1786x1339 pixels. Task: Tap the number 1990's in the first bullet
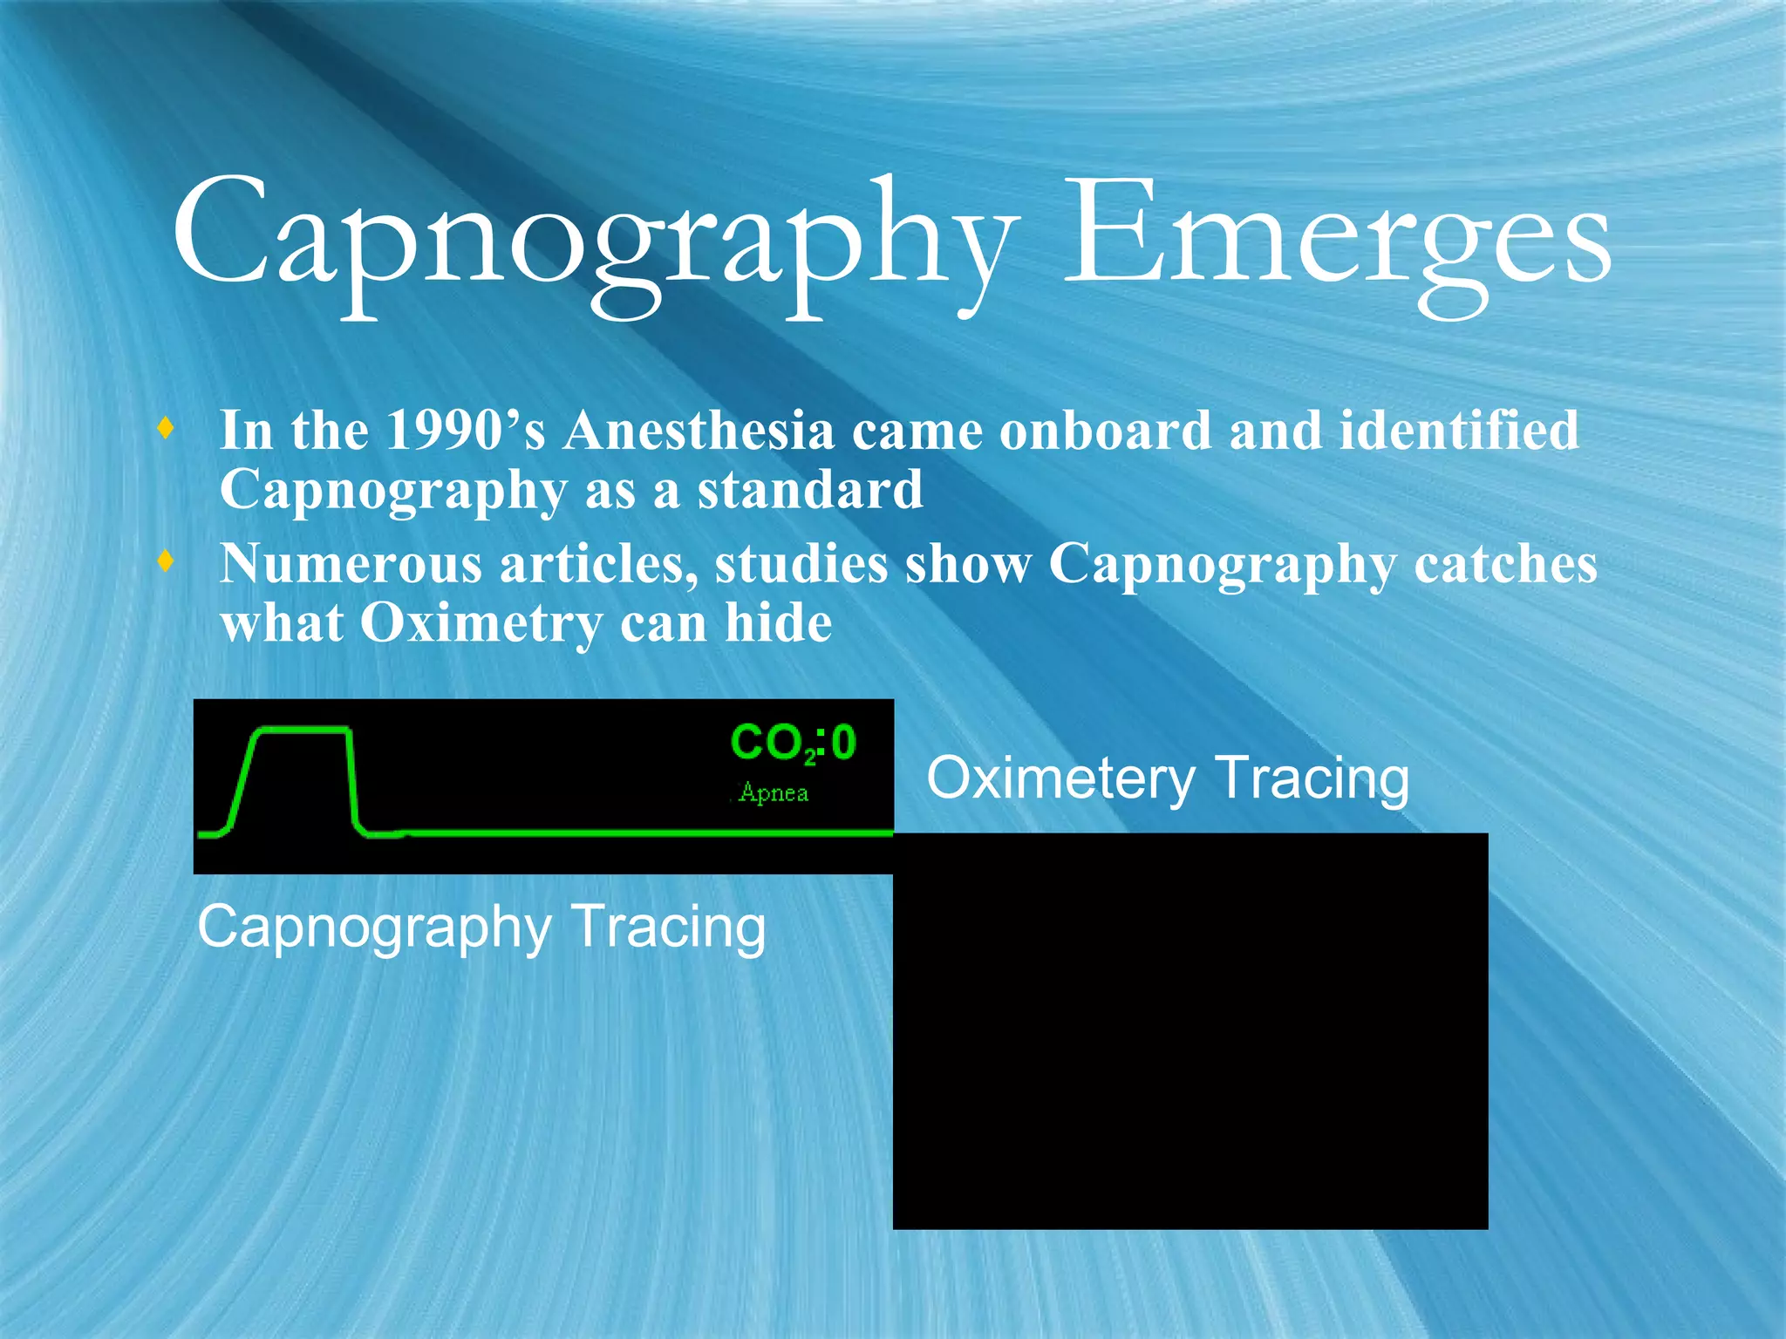pos(465,430)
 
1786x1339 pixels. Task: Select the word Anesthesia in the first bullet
pos(699,430)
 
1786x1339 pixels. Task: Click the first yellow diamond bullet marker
pos(166,429)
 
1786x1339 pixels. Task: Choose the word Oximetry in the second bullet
pos(481,623)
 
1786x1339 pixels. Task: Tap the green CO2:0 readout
pos(793,744)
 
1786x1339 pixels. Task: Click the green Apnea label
pos(773,792)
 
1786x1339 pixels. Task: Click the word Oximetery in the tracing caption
pos(1060,778)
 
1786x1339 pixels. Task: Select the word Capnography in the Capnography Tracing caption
pos(374,928)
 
